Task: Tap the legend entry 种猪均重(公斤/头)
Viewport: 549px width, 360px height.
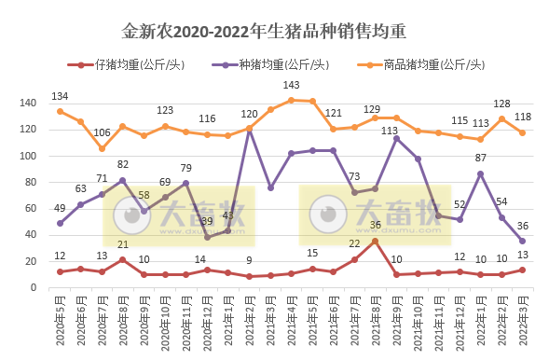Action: click(274, 65)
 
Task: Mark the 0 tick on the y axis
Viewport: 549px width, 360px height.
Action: click(34, 287)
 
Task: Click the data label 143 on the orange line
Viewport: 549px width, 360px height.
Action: click(291, 86)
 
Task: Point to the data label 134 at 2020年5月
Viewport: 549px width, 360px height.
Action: click(61, 96)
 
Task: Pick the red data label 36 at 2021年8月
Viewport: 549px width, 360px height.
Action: click(375, 225)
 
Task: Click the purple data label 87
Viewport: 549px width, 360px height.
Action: click(480, 159)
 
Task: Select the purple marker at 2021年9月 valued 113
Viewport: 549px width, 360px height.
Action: click(396, 139)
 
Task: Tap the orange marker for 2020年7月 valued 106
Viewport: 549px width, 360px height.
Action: click(103, 148)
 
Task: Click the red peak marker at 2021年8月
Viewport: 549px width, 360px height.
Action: click(375, 241)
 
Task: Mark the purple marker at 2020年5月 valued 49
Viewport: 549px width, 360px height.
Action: click(61, 223)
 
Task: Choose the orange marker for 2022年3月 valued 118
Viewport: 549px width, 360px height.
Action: click(522, 132)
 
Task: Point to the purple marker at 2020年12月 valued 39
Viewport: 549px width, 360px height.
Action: click(207, 237)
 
